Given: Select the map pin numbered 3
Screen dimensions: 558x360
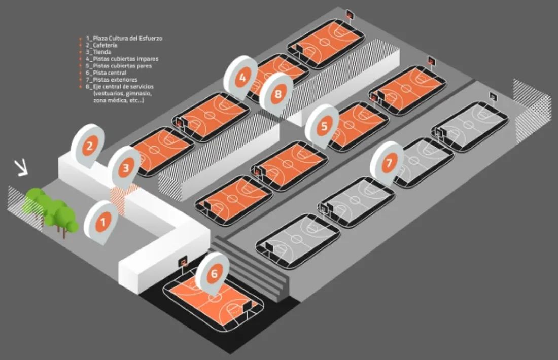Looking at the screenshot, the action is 125,167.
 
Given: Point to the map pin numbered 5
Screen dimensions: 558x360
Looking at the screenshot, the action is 322,126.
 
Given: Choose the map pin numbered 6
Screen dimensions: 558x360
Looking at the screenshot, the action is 213,273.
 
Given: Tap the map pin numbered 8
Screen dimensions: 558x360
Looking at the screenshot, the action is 276,94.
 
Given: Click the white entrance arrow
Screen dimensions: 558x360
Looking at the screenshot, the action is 21,168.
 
